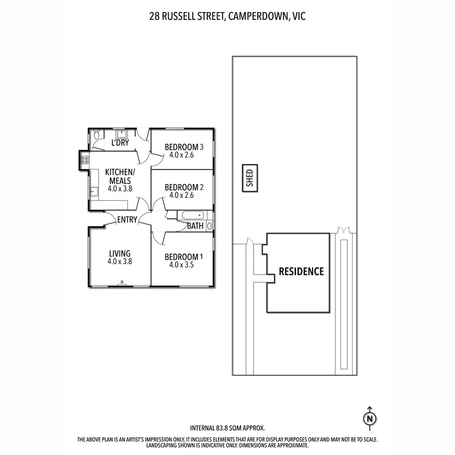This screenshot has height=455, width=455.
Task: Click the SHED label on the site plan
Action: click(249, 178)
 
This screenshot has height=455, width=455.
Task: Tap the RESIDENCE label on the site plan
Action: click(301, 272)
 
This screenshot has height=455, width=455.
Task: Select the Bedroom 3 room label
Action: click(184, 147)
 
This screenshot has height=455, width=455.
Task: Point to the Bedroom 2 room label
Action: click(184, 187)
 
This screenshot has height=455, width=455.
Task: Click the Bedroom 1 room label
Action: click(184, 257)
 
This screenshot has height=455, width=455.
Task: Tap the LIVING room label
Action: click(120, 254)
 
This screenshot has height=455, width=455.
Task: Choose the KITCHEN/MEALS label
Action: click(120, 176)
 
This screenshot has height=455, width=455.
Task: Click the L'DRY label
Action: click(120, 143)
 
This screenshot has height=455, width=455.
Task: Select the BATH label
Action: click(195, 226)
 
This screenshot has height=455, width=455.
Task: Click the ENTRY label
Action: click(127, 219)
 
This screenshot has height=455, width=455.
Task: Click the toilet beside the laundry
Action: click(96, 135)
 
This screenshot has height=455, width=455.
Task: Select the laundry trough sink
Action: click(122, 134)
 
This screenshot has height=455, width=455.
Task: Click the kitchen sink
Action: click(93, 192)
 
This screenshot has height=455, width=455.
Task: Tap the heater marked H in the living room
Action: click(122, 283)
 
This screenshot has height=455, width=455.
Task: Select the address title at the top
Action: click(227, 16)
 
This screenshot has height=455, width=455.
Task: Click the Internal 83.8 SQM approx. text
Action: click(227, 428)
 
